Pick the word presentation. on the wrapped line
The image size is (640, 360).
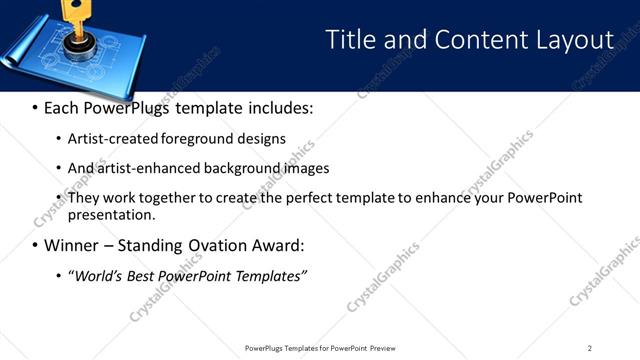pyautogui.click(x=111, y=214)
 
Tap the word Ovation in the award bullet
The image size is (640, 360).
pyautogui.click(x=220, y=246)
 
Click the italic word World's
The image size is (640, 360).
pyautogui.click(x=97, y=276)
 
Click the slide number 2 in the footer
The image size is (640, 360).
pyautogui.click(x=589, y=348)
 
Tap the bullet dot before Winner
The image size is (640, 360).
pyautogui.click(x=35, y=246)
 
